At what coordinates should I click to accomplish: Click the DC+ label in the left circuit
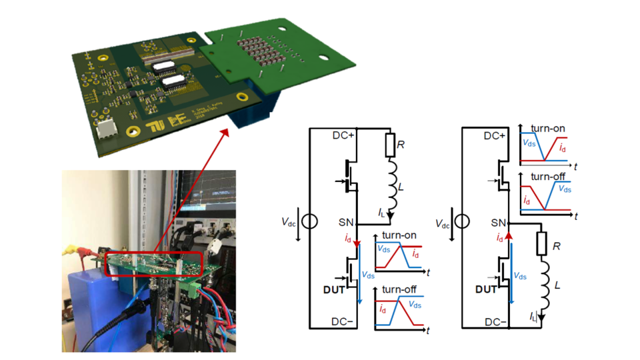tap(342, 135)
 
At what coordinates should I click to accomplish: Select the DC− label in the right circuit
tap(495, 322)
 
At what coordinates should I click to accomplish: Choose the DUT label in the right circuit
tap(485, 289)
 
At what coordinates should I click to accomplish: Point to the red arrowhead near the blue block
tap(225, 130)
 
